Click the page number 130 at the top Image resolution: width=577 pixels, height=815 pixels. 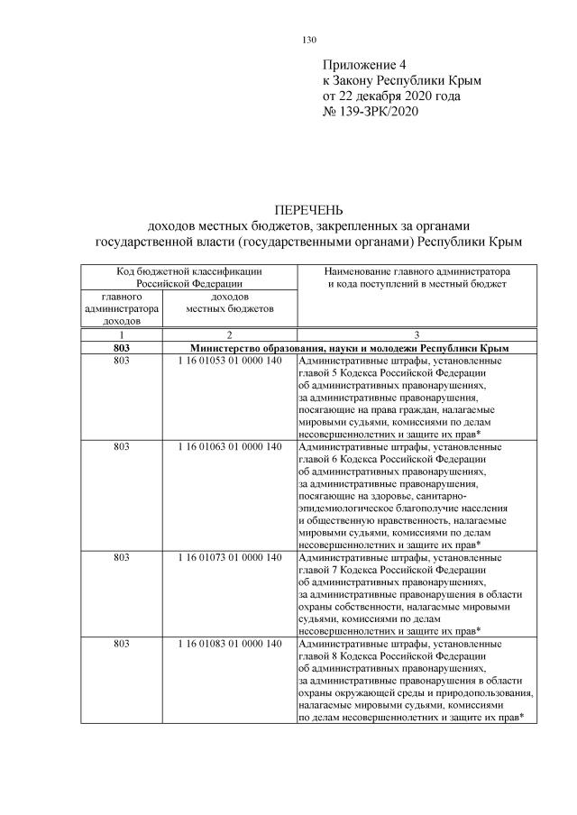point(308,40)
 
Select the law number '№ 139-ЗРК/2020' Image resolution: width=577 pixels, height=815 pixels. point(371,112)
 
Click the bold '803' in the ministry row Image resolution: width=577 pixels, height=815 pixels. point(122,347)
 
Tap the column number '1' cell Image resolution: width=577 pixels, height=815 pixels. point(122,334)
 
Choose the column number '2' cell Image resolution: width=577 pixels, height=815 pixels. point(229,334)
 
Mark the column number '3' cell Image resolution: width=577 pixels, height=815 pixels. point(416,334)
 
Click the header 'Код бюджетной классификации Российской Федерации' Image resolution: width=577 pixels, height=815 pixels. point(188,276)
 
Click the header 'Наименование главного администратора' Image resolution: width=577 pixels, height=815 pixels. point(416,270)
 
